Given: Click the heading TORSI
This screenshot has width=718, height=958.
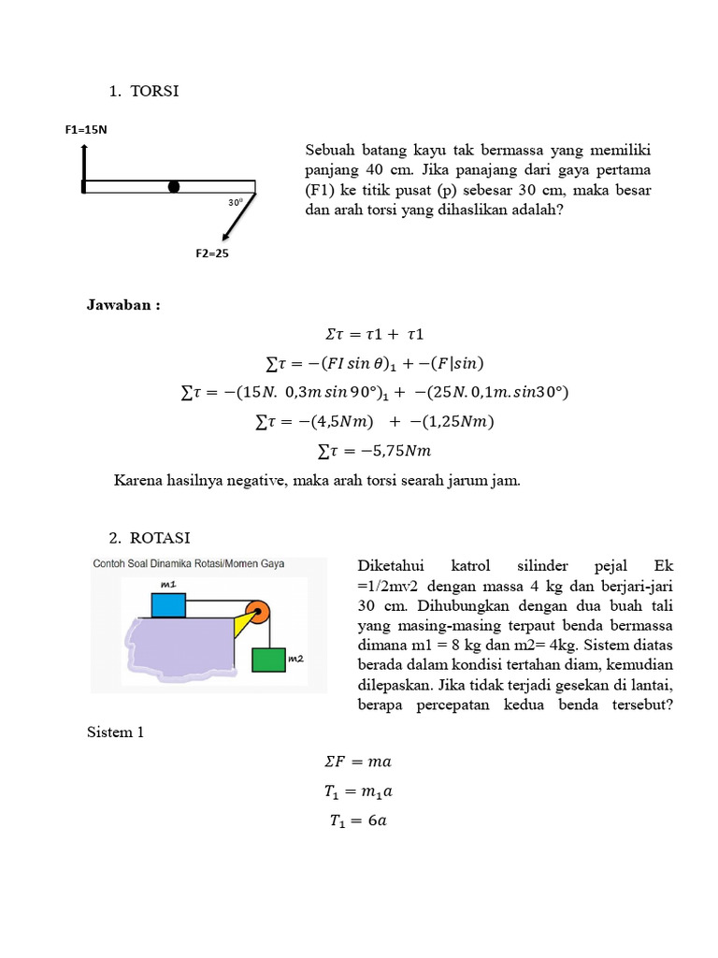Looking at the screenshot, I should tap(154, 92).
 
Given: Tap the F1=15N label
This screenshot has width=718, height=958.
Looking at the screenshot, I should tap(86, 130).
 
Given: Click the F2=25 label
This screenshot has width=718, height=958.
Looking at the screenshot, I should tap(211, 253).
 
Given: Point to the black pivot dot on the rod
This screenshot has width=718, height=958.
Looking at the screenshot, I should tap(174, 186).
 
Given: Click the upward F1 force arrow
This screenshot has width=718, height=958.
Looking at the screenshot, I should tap(83, 164).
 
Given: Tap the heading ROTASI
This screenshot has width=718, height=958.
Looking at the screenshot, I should tap(160, 538).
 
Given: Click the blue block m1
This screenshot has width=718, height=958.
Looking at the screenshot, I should tap(169, 604).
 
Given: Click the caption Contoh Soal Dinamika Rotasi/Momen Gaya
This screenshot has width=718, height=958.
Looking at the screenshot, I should tap(188, 564).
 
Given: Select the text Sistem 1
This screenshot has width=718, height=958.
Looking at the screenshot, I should tap(115, 732).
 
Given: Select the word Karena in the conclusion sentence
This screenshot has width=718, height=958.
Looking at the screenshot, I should tap(138, 481).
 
